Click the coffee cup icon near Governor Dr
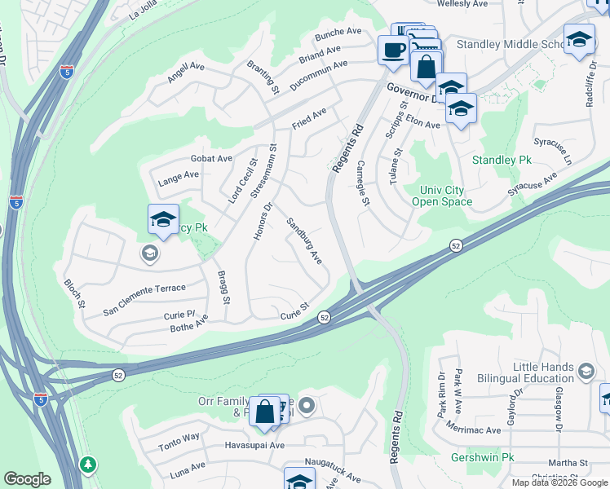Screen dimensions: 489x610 (393, 51)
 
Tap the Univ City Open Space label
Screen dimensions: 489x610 (442, 196)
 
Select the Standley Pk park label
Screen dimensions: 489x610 (502, 161)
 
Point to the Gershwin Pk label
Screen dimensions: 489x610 (481, 457)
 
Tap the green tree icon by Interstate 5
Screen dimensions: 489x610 (87, 464)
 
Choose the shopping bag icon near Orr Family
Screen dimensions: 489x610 (265, 412)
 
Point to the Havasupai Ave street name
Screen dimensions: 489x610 (254, 446)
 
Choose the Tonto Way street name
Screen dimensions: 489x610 (179, 438)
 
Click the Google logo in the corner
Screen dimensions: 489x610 (27, 479)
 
